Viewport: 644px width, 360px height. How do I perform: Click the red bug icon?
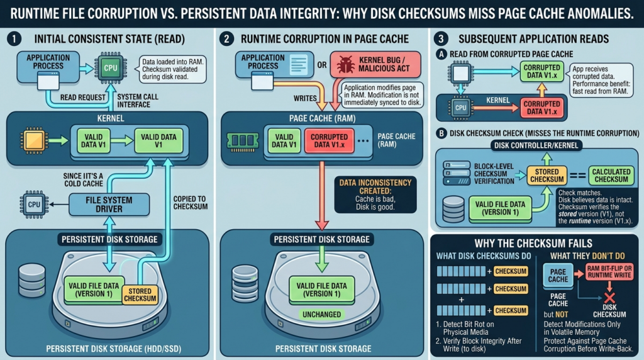point(345,65)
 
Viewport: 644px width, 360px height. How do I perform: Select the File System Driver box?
point(110,203)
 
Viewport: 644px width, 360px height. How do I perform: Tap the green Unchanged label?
point(321,314)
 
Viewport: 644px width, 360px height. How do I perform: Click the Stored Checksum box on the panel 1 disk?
point(140,295)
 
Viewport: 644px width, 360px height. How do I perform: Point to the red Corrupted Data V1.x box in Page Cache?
point(329,140)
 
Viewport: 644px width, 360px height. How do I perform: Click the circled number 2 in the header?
point(227,39)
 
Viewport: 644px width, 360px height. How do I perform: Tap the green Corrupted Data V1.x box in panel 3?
point(542,72)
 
